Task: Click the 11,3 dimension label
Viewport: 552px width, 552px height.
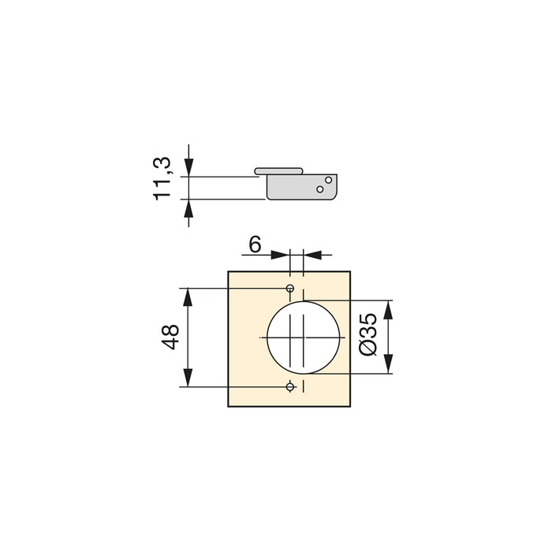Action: click(x=163, y=178)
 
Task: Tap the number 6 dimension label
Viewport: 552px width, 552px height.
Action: click(x=255, y=245)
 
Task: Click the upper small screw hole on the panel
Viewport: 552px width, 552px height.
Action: click(x=290, y=288)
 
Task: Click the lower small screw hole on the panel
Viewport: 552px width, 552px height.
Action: click(x=290, y=386)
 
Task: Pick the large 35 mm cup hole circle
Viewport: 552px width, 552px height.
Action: click(x=304, y=338)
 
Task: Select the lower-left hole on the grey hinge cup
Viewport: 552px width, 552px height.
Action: click(x=319, y=189)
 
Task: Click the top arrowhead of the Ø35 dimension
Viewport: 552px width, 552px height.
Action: click(x=388, y=308)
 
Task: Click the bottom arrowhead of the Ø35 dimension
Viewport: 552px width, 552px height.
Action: click(x=388, y=366)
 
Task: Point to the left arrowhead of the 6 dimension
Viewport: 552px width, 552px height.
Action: click(x=282, y=255)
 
